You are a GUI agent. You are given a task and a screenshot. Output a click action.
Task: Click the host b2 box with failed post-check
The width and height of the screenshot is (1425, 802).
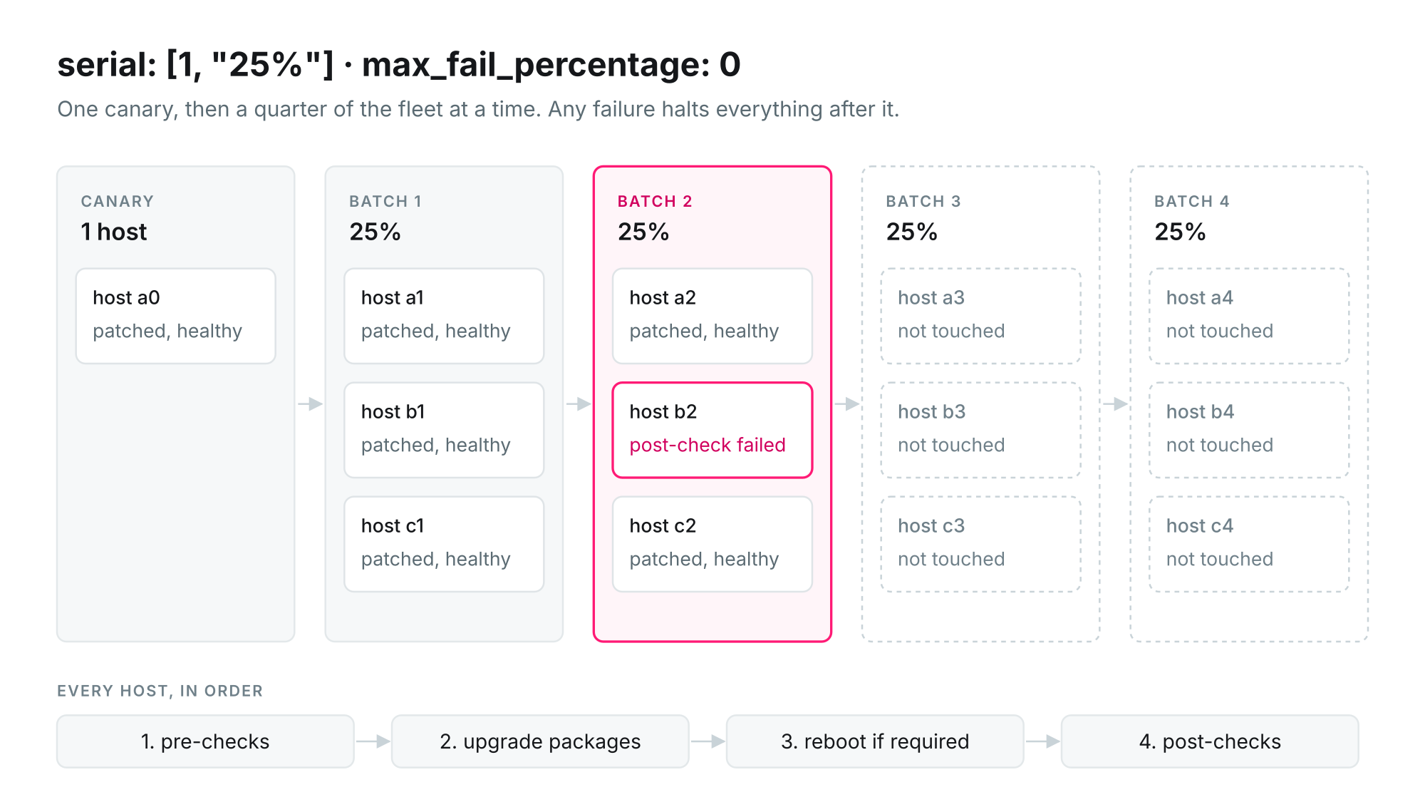pyautogui.click(x=712, y=430)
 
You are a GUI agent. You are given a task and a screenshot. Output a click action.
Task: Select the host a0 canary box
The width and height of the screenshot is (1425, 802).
pyautogui.click(x=176, y=316)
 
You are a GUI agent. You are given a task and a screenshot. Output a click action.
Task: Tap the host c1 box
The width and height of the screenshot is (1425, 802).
pyautogui.click(x=444, y=544)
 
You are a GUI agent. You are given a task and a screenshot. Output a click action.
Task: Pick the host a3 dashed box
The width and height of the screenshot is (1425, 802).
pyautogui.click(x=981, y=316)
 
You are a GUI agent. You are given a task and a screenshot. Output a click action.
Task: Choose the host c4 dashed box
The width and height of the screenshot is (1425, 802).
pyautogui.click(x=1249, y=544)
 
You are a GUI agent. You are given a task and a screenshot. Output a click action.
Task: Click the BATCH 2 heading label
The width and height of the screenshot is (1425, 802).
pyautogui.click(x=655, y=201)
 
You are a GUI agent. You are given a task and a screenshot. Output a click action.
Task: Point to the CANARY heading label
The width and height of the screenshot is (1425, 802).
pyautogui.click(x=118, y=201)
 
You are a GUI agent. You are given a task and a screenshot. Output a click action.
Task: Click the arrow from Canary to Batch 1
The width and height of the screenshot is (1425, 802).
pyautogui.click(x=310, y=404)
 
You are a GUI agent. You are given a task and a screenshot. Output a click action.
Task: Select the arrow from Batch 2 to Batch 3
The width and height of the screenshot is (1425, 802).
pyautogui.click(x=847, y=404)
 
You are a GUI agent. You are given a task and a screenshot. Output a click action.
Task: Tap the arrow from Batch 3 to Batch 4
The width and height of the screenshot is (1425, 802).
pyautogui.click(x=1115, y=404)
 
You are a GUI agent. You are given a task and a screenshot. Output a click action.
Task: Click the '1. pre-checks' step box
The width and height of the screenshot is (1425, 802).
pyautogui.click(x=205, y=741)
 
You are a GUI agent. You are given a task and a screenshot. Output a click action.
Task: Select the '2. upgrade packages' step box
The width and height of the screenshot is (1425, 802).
pyautogui.click(x=540, y=741)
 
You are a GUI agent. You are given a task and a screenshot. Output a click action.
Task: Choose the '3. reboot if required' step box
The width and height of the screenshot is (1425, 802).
pyautogui.click(x=875, y=741)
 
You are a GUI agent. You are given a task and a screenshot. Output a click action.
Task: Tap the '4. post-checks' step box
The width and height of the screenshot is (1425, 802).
pyautogui.click(x=1210, y=741)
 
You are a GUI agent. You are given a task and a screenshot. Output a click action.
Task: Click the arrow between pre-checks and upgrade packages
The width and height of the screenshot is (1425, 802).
pyautogui.click(x=373, y=741)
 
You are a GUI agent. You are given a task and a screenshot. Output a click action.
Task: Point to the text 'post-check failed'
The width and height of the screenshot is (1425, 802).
pyautogui.click(x=708, y=445)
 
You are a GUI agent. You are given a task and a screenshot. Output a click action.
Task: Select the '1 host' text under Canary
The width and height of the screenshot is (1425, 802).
pyautogui.click(x=114, y=232)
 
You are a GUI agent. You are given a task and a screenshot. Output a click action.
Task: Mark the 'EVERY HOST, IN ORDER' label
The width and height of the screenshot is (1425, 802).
pyautogui.click(x=160, y=691)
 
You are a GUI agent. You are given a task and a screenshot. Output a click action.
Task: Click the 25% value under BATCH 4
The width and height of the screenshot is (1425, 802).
pyautogui.click(x=1180, y=232)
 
